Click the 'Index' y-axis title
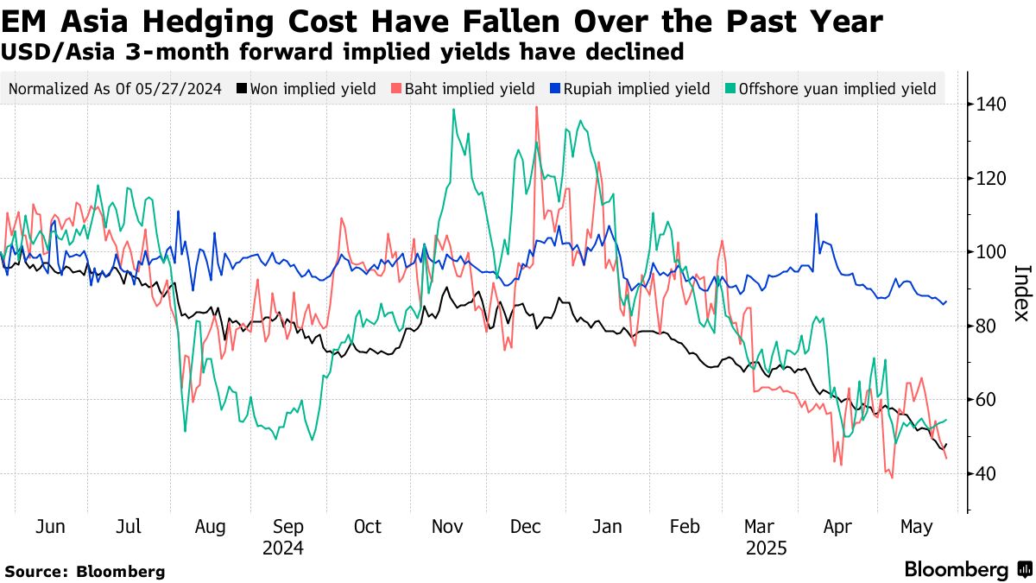1020,292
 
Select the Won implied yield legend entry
313,89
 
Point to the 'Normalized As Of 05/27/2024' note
116,89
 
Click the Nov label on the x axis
448,526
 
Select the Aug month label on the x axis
210,526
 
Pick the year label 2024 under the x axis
284,548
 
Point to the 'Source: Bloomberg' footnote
85,571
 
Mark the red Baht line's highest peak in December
537,107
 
